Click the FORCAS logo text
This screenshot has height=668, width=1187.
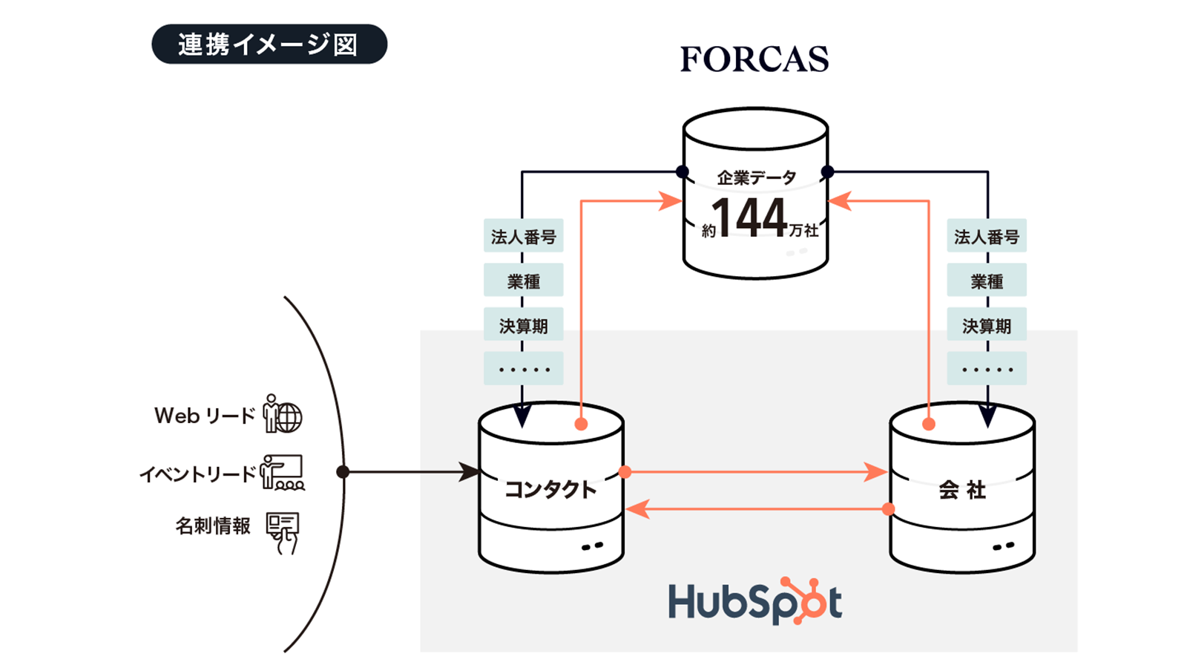click(x=754, y=59)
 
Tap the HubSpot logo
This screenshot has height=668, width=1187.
click(x=754, y=601)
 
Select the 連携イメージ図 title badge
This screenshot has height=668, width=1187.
click(x=269, y=45)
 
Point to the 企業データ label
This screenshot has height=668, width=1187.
click(x=756, y=178)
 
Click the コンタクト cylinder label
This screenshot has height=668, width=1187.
click(x=550, y=489)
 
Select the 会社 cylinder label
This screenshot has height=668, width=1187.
click(x=961, y=490)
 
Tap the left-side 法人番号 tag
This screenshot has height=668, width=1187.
click(x=523, y=237)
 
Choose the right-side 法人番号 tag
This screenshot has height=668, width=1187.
click(x=986, y=237)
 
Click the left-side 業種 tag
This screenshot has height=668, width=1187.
click(x=523, y=281)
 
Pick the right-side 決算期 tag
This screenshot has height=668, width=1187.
click(x=986, y=326)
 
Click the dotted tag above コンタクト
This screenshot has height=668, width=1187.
click(x=523, y=369)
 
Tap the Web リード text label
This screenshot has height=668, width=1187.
click(x=204, y=416)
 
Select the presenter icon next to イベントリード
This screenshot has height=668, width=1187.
click(x=283, y=473)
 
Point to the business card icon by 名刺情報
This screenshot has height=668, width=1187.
click(x=283, y=531)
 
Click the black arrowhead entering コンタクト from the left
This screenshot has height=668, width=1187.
click(x=469, y=471)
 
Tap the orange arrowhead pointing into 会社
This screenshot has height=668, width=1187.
click(x=876, y=472)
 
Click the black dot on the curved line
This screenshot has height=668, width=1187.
click(x=343, y=472)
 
